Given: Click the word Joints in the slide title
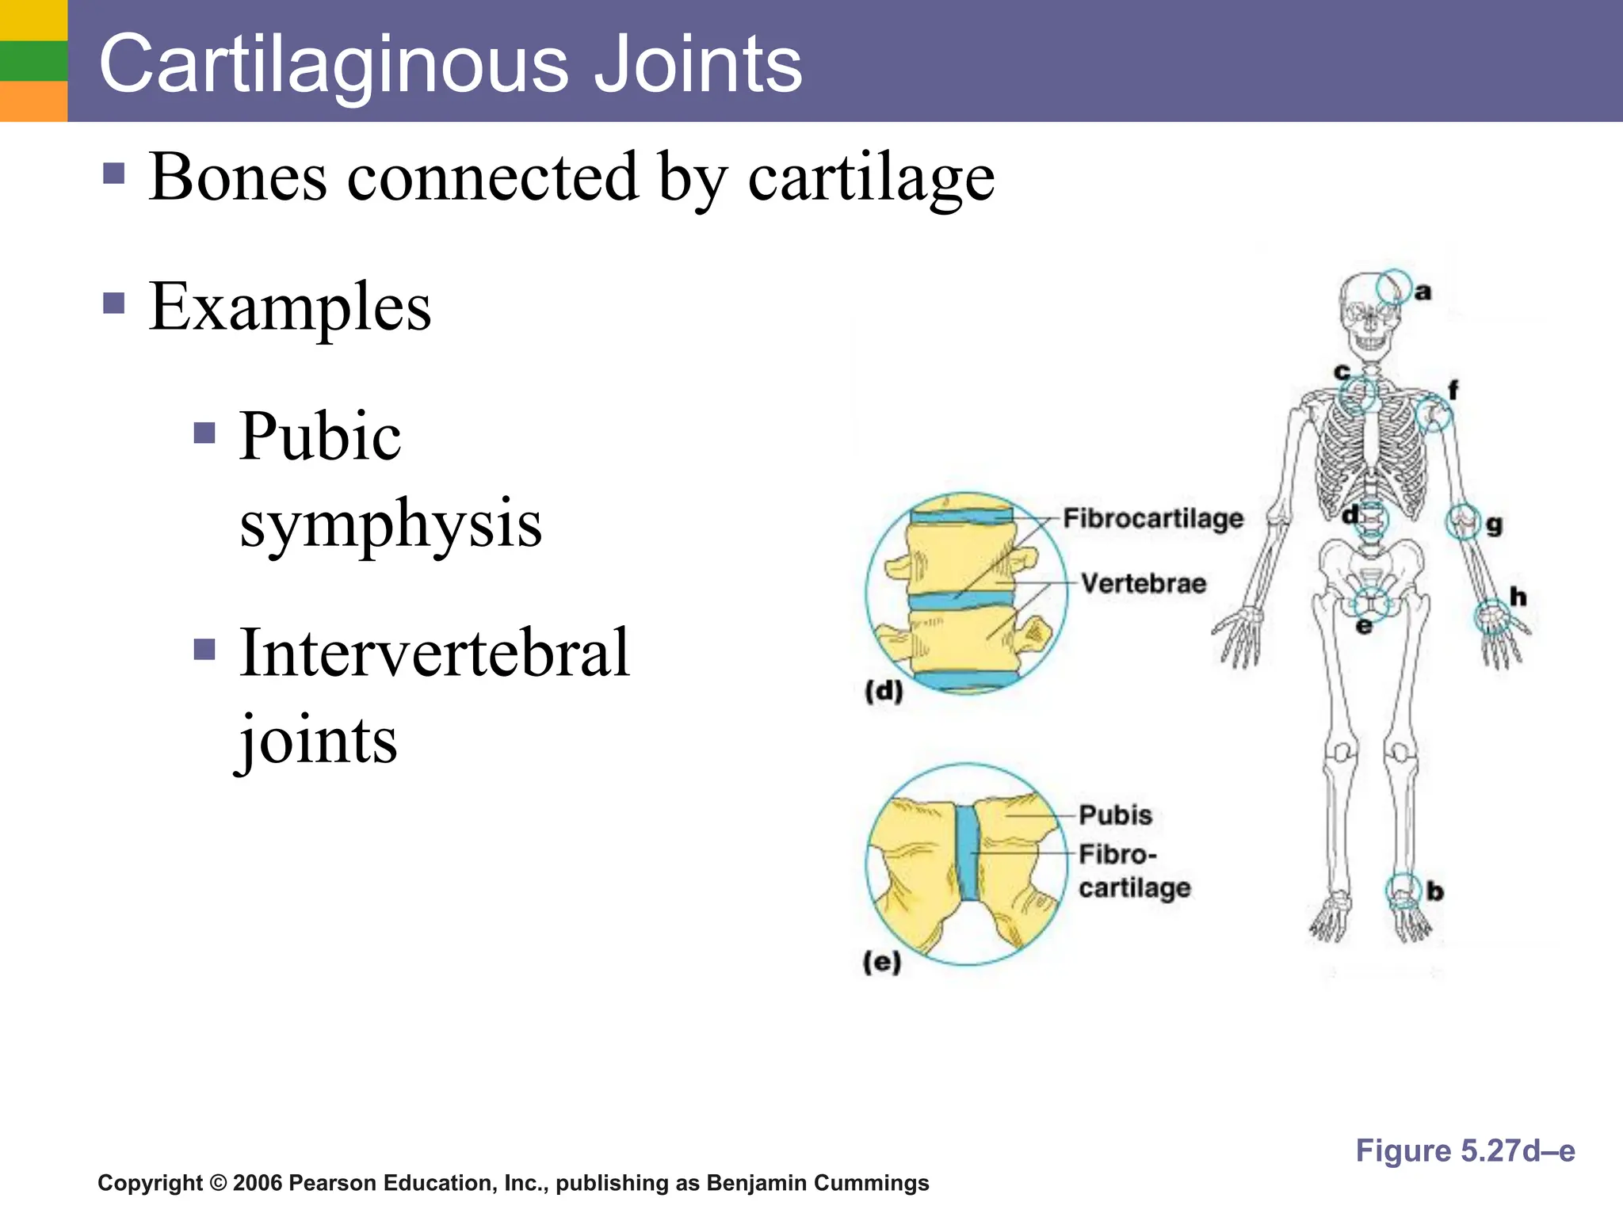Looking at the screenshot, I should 697,63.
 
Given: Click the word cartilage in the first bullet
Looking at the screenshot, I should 871,177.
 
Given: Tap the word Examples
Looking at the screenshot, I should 290,307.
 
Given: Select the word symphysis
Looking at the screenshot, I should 391,524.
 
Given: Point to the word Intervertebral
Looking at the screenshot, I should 434,653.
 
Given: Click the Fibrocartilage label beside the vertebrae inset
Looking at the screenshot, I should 1153,518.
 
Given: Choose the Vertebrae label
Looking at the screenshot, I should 1144,584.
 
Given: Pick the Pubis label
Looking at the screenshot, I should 1115,815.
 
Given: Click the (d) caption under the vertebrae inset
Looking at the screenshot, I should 884,692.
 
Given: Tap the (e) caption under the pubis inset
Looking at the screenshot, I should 882,963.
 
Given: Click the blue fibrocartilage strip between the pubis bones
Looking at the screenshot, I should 967,853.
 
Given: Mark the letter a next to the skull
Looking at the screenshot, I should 1423,292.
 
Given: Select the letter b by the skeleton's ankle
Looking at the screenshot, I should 1435,892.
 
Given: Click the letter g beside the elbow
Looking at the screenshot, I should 1494,525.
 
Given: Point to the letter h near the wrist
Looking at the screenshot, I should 1518,597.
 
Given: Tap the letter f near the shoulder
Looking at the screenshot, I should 1453,390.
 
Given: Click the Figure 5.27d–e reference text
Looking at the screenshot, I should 1465,1150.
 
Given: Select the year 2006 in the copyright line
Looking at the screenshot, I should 258,1183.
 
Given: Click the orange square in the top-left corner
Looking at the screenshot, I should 33,101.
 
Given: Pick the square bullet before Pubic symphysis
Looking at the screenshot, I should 204,433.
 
